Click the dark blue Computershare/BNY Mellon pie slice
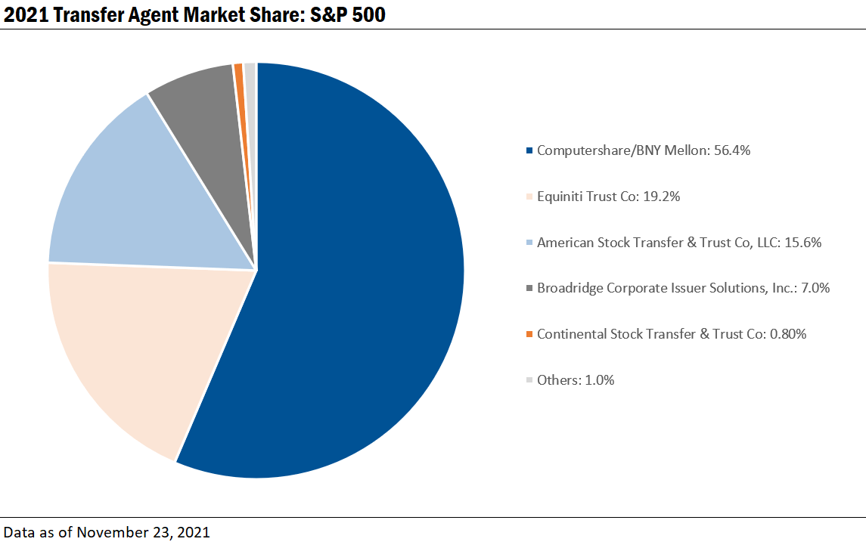(355, 287)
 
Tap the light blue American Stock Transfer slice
(136, 197)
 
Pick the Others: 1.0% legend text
(576, 380)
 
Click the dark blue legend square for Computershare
(529, 151)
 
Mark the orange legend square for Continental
(529, 334)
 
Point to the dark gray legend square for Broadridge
(529, 288)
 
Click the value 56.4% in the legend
(731, 150)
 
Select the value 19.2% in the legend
(662, 197)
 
